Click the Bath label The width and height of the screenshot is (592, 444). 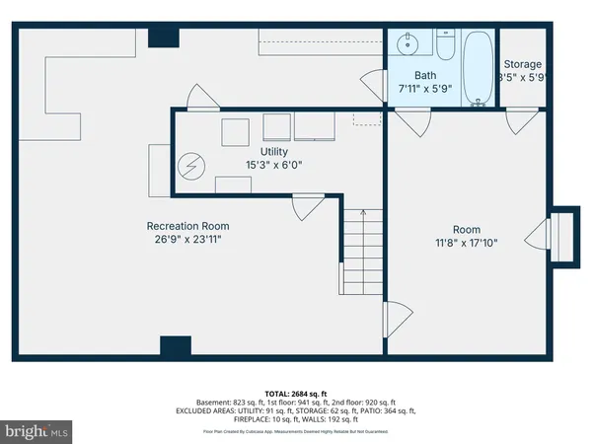pyautogui.click(x=425, y=75)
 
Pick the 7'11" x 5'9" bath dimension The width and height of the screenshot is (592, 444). pyautogui.click(x=425, y=89)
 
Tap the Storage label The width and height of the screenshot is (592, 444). pyautogui.click(x=522, y=63)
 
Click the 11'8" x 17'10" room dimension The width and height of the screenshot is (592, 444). pyautogui.click(x=467, y=243)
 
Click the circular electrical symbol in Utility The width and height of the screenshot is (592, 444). pyautogui.click(x=189, y=168)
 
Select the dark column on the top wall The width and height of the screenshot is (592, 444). pyautogui.click(x=162, y=37)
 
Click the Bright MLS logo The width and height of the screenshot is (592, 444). pyautogui.click(x=37, y=431)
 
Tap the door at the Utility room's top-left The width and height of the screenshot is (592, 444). pyautogui.click(x=199, y=97)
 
